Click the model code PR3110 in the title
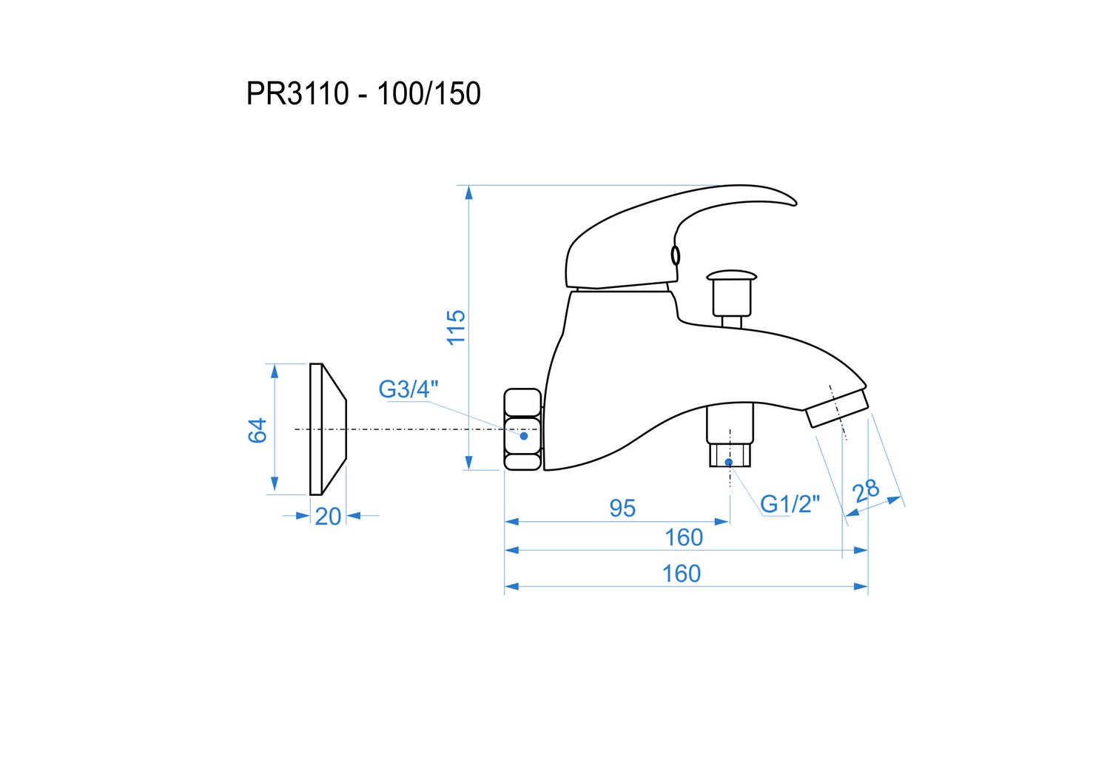[x=297, y=93]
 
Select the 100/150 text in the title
[x=428, y=93]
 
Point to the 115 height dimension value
[x=456, y=327]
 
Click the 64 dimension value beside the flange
[x=258, y=430]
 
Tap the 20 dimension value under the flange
[x=328, y=517]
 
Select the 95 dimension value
[x=622, y=508]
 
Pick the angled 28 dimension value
[x=865, y=491]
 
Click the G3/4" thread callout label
[x=408, y=389]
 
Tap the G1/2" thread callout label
[x=790, y=504]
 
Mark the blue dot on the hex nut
[x=524, y=436]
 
